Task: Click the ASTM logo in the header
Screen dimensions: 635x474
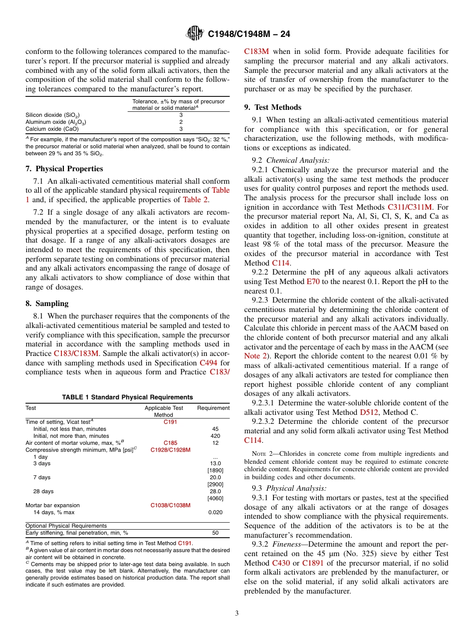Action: pos(195,34)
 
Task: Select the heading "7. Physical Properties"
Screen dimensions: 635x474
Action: pos(64,169)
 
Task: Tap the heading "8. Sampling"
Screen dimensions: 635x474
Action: pos(47,304)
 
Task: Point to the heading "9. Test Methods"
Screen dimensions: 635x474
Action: pos(272,107)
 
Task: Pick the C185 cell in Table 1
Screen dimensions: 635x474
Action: pos(170,443)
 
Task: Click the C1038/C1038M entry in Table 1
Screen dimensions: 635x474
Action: pos(170,505)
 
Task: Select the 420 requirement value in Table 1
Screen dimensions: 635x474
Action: pos(216,436)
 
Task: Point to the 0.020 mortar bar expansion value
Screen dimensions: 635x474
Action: pos(216,512)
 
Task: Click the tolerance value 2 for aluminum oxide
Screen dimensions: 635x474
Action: pos(181,122)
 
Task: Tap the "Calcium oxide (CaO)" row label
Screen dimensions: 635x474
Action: pos(52,129)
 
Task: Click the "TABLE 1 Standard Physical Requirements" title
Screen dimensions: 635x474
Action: pos(127,397)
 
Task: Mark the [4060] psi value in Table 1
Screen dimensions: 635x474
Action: pos(216,498)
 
